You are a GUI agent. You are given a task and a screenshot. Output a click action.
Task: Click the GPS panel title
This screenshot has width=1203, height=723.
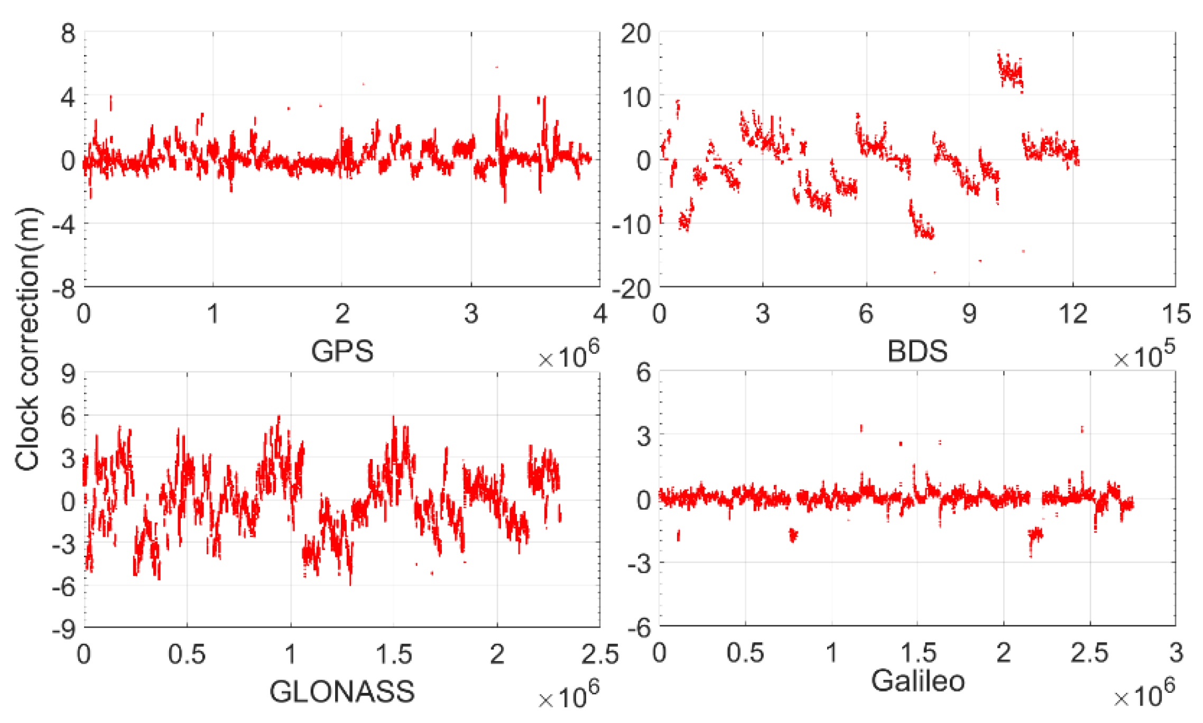point(342,351)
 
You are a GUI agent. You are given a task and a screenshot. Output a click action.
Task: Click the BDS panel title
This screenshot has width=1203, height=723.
point(917,351)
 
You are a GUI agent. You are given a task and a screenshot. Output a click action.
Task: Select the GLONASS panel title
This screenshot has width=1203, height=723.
point(342,692)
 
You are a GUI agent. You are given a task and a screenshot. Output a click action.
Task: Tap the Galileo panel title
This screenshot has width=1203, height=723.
point(918,681)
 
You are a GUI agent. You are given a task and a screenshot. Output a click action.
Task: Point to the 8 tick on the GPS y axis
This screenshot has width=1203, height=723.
point(68,34)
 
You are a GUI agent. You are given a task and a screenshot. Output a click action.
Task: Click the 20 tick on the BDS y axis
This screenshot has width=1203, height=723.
point(635,34)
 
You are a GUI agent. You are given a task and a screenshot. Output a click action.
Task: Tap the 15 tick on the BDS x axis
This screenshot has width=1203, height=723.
point(1176,314)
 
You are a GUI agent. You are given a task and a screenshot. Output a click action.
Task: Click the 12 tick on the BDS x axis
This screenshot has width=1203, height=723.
point(1073,314)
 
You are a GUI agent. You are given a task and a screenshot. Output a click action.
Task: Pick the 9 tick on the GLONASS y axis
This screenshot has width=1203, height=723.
point(68,374)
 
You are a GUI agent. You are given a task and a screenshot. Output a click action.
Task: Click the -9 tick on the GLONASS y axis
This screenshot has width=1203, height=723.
point(64,629)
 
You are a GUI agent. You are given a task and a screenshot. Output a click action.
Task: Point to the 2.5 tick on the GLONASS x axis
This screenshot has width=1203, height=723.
point(600,655)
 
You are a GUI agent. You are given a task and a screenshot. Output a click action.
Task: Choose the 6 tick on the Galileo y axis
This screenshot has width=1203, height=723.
point(643,373)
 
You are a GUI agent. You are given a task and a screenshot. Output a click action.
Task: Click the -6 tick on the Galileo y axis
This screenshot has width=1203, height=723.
point(639,628)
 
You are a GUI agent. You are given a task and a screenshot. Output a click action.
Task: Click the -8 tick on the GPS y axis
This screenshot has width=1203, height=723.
point(64,289)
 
